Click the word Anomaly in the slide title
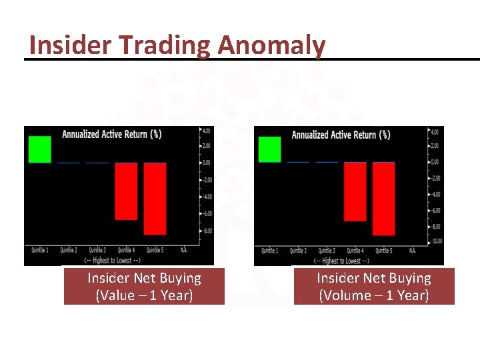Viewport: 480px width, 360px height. [271, 45]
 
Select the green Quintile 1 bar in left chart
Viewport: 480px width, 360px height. [39, 149]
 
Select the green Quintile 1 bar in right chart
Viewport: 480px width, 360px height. [269, 149]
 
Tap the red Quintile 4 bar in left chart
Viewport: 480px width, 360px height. [126, 191]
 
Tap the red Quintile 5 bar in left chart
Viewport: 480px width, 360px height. [155, 199]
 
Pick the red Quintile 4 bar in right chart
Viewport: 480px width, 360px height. [355, 192]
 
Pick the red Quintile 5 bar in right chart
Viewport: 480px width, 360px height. [383, 199]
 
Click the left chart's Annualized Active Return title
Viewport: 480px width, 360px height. [111, 134]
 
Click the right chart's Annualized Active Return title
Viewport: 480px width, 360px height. [341, 135]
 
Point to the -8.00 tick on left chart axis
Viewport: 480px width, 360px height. [208, 231]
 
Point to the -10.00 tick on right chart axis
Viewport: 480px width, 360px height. [436, 242]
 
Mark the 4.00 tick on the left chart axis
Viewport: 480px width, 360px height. [207, 129]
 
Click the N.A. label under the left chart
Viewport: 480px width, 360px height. [184, 250]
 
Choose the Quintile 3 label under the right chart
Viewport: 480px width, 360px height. [326, 251]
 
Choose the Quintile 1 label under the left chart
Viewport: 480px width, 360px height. [39, 250]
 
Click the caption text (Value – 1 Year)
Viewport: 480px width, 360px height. [144, 295]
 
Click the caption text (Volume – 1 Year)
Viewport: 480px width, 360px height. [373, 295]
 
